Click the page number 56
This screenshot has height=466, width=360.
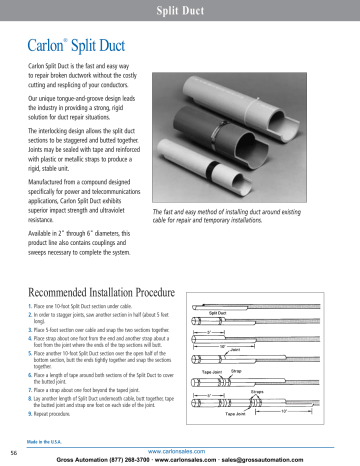[x=13, y=452]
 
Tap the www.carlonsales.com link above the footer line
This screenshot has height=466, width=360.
[x=179, y=450]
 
